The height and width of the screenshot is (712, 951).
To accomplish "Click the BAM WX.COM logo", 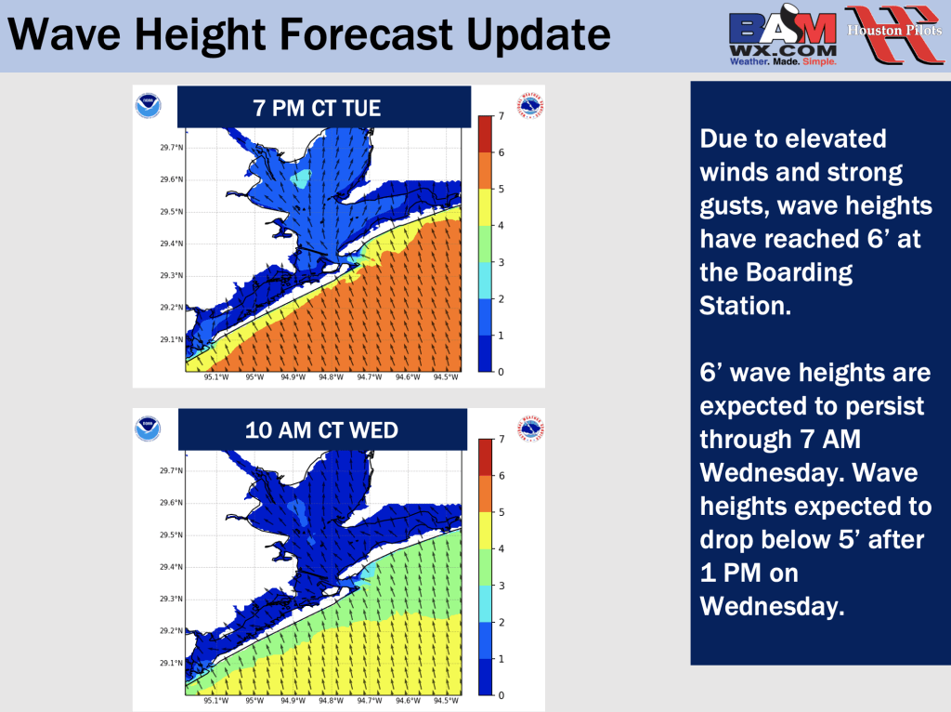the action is pos(782,34).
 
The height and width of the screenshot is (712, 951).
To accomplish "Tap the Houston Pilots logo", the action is pos(894,34).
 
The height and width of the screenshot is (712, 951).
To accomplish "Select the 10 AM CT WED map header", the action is pos(322,429).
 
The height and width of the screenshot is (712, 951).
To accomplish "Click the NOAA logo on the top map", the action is pos(148,106).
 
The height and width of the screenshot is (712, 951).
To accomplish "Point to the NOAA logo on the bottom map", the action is pos(148,429).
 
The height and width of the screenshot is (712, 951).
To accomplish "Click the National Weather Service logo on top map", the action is pos(530,106).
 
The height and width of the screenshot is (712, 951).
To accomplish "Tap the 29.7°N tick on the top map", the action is pos(172,148).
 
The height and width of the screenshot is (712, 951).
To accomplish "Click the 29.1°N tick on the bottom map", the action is pos(172,663).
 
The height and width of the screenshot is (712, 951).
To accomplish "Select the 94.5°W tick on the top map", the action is pos(446,377).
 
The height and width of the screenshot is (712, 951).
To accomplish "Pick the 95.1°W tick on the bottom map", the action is pos(216,701).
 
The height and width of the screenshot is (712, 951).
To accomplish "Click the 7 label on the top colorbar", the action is pos(501,116).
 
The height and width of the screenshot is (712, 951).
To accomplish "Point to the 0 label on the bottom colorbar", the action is pos(501,695).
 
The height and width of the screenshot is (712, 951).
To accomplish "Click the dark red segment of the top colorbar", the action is pos(485,134).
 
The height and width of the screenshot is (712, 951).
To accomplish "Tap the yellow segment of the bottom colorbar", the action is pos(485,531).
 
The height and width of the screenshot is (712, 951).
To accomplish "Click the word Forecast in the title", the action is pos(366,34).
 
